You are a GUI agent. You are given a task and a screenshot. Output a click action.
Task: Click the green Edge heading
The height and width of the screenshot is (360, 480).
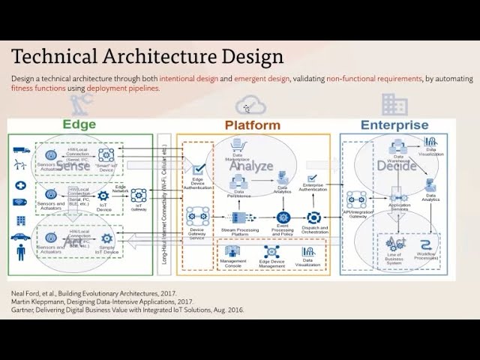(x=79, y=125)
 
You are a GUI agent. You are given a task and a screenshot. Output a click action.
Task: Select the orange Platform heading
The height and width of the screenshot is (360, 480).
(x=252, y=125)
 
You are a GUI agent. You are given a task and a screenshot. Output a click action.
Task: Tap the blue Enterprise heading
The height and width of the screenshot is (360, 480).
(x=394, y=125)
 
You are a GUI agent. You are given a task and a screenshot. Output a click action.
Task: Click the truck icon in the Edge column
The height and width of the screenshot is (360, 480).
(x=20, y=149)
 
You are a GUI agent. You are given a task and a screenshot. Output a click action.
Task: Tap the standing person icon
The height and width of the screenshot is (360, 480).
(x=20, y=253)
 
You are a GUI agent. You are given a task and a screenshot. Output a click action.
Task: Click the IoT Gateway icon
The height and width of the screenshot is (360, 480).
(x=139, y=195)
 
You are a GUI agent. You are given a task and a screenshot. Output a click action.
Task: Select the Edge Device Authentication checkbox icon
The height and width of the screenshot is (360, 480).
(x=199, y=169)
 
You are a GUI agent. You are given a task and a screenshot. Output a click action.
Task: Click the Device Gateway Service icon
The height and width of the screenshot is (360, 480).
(x=197, y=217)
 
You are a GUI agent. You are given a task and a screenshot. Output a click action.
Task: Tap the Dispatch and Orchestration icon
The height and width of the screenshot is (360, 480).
(x=313, y=217)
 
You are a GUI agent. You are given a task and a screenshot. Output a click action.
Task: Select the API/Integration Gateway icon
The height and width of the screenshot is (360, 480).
(x=356, y=199)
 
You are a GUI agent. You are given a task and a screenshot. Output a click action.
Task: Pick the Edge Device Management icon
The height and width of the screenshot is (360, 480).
(x=271, y=253)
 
